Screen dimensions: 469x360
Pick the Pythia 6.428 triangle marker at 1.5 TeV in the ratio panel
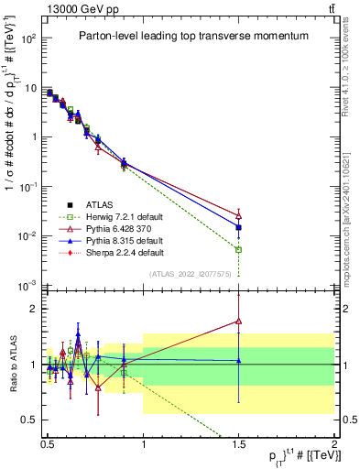click(238, 321)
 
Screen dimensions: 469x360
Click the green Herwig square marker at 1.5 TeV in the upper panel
click(238, 249)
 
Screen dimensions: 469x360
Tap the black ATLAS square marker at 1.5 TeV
click(238, 227)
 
